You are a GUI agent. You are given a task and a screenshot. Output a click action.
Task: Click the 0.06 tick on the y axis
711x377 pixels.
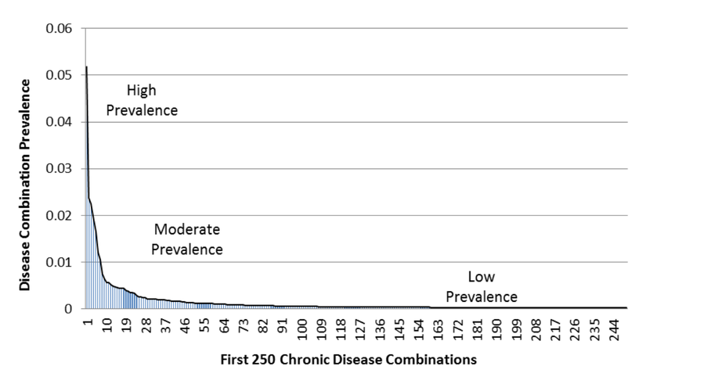click(60, 29)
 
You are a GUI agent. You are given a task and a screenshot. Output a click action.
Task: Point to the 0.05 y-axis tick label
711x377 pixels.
click(60, 76)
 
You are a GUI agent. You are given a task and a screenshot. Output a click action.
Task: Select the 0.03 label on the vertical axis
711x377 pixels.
click(60, 169)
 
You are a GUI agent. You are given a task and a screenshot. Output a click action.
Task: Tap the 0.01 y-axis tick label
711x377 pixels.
click(60, 263)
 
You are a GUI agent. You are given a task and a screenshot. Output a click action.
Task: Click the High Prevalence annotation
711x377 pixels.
click(141, 101)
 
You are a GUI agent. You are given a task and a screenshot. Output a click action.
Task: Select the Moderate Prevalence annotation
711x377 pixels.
click(186, 240)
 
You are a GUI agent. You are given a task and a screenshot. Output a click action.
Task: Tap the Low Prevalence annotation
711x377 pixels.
click(482, 287)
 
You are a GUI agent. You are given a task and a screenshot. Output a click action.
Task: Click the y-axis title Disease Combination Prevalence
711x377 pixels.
click(25, 185)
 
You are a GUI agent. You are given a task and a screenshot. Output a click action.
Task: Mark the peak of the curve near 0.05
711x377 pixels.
click(85, 67)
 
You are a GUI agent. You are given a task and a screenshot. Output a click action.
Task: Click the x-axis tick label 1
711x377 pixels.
click(88, 321)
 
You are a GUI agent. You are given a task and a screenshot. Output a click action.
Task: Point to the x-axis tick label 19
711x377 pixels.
click(126, 325)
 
